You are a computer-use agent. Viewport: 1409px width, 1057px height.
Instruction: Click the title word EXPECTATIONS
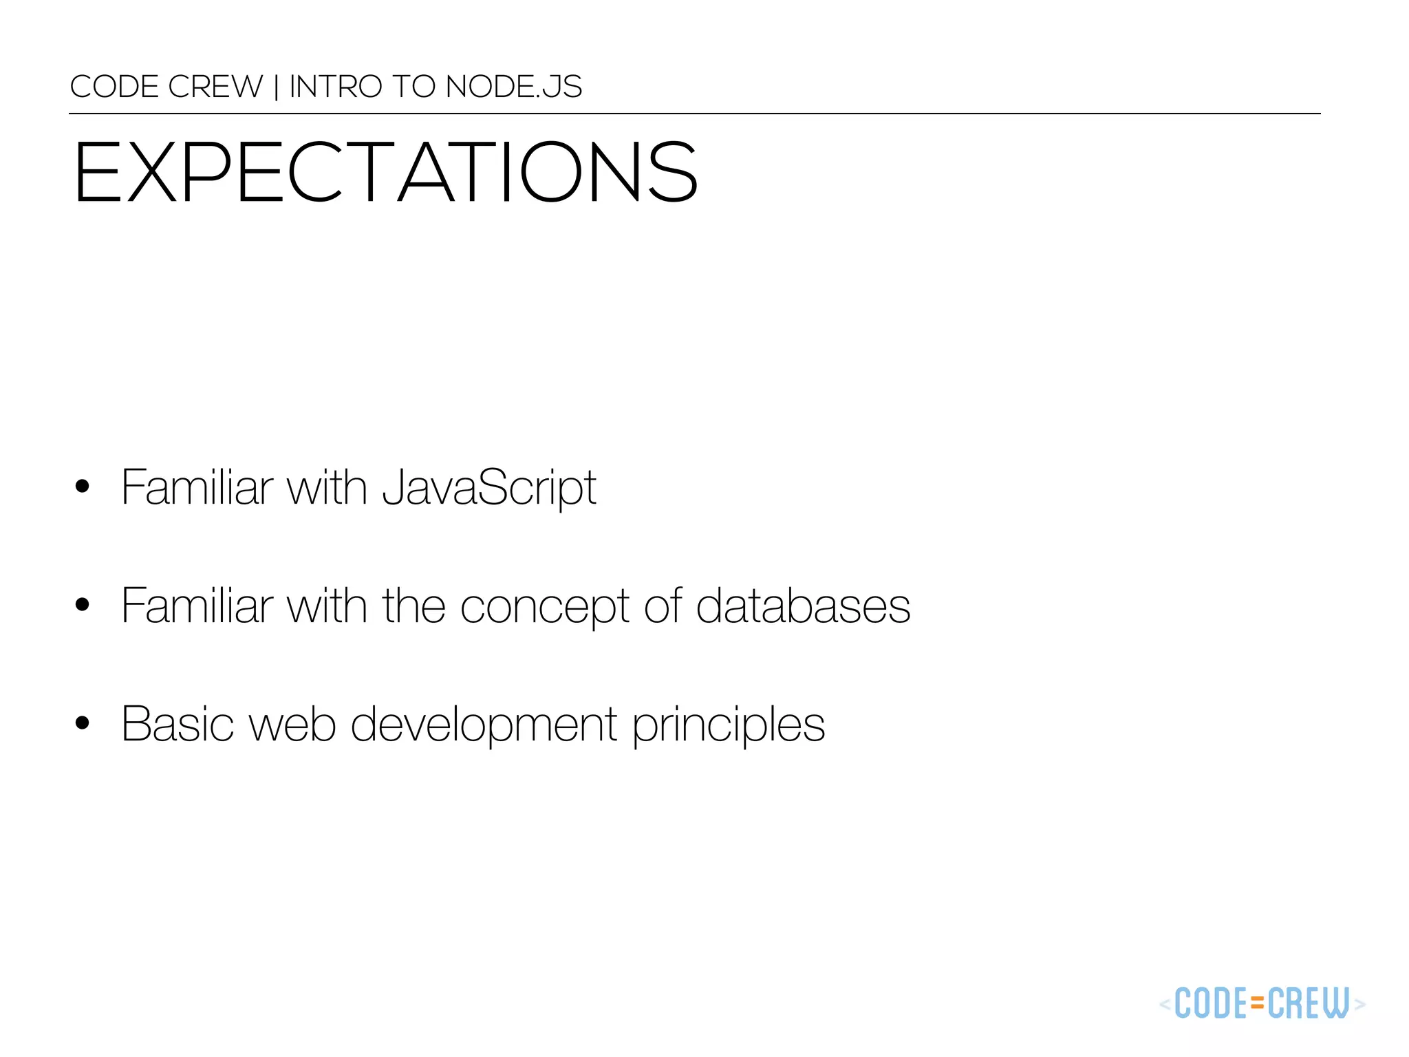[x=385, y=172]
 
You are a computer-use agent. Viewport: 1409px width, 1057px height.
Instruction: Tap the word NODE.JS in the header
[x=513, y=87]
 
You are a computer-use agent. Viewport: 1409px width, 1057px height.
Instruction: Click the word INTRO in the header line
[x=335, y=87]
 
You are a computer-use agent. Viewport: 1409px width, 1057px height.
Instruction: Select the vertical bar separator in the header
[x=276, y=87]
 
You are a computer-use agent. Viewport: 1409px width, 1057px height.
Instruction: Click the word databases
[x=803, y=606]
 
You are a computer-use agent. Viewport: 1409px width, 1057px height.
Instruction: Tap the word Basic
[x=178, y=725]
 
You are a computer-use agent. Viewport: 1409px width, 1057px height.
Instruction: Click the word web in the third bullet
[x=292, y=725]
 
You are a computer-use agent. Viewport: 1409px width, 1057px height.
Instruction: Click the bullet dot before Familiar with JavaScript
[x=83, y=487]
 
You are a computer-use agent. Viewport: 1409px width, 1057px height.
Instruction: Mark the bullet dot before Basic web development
[x=83, y=723]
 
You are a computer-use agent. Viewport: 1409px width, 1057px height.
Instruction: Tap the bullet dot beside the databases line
[x=83, y=605]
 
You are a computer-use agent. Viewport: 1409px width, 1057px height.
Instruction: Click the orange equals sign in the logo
[x=1257, y=1003]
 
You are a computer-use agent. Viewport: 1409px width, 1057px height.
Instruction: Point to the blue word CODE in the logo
[x=1212, y=1003]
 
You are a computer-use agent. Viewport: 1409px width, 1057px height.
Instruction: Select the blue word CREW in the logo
[x=1308, y=1003]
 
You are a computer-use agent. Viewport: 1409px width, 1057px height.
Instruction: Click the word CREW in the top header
[x=215, y=87]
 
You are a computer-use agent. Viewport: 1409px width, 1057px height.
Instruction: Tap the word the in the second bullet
[x=414, y=606]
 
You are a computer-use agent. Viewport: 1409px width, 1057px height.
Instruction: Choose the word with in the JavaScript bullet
[x=326, y=488]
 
